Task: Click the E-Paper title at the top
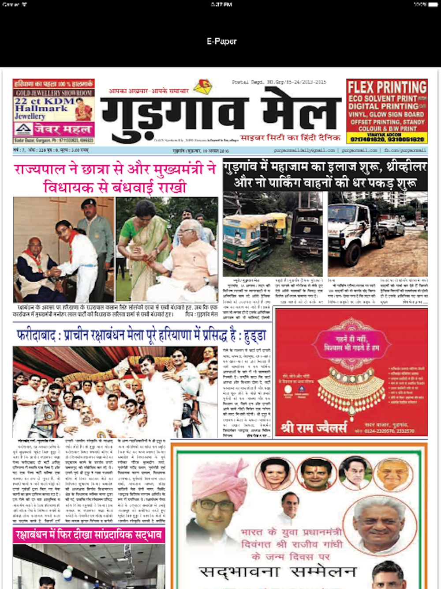coord(221,41)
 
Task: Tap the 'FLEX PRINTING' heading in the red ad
coord(387,87)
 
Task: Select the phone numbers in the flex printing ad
coord(387,140)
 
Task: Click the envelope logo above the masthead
coord(202,86)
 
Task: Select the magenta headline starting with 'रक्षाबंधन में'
coord(89,535)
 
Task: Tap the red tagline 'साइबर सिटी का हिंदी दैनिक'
coord(290,138)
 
